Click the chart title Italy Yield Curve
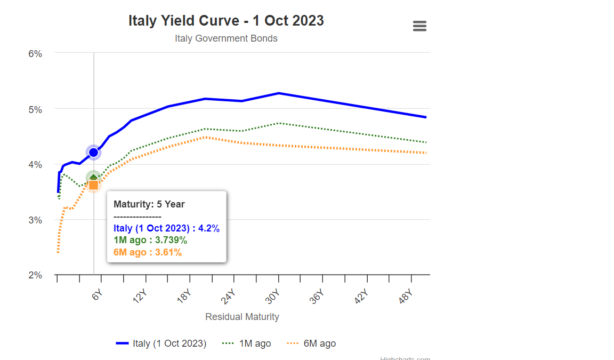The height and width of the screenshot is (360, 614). [x=226, y=20]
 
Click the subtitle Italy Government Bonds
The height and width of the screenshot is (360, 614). [x=226, y=38]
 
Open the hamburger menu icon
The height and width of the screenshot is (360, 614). [x=419, y=26]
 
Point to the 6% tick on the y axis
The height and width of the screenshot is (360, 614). [x=35, y=53]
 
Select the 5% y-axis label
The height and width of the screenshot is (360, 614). [x=35, y=109]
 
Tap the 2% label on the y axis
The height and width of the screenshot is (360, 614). [x=35, y=275]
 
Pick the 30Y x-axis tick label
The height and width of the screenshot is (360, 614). [x=273, y=296]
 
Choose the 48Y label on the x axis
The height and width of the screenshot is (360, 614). [x=406, y=296]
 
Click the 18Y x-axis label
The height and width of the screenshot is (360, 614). [x=184, y=296]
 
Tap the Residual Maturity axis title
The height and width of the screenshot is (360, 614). [x=242, y=317]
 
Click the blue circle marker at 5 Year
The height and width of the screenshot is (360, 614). [x=94, y=153]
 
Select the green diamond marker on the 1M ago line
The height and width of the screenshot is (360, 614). [x=94, y=178]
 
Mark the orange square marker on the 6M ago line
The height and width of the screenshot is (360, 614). [x=94, y=185]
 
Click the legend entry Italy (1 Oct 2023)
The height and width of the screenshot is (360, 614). [x=161, y=343]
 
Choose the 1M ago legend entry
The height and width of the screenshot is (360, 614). [x=247, y=343]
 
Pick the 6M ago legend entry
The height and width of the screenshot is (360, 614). [x=312, y=343]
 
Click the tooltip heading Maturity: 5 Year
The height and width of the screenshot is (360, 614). [x=149, y=204]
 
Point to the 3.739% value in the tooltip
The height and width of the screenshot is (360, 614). [x=167, y=241]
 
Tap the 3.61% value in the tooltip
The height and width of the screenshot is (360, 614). [x=166, y=252]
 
